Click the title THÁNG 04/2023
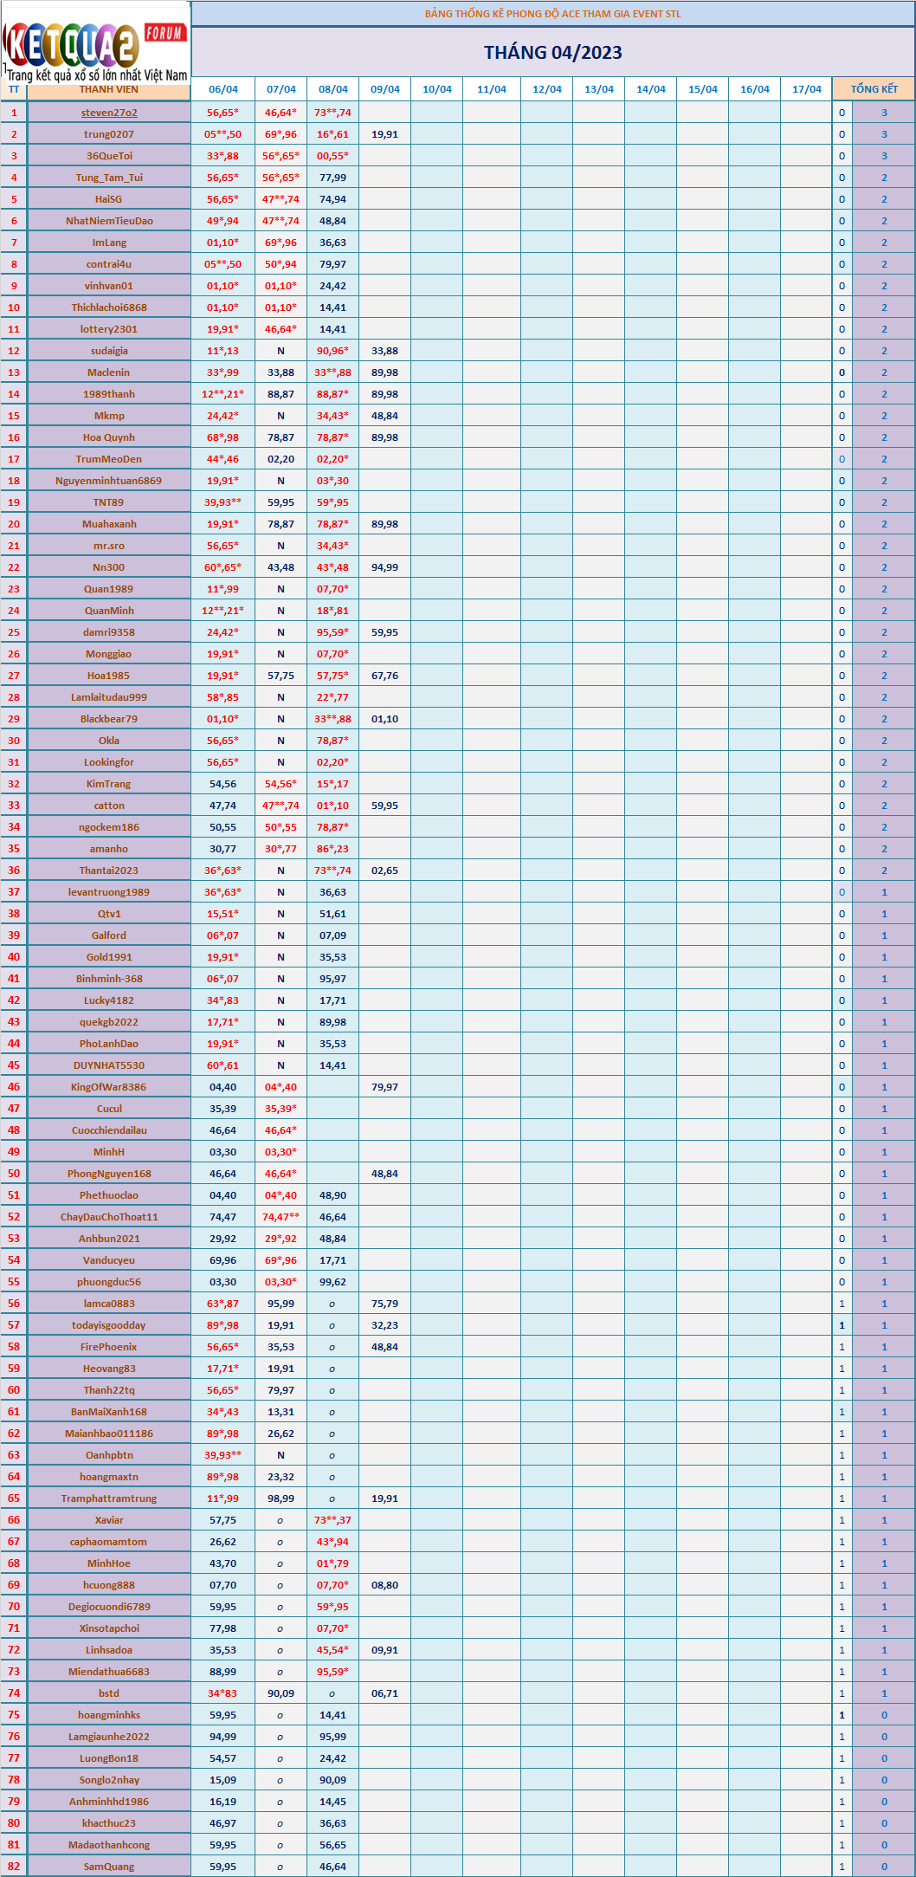click(x=552, y=53)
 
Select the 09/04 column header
click(x=385, y=89)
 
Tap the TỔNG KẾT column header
click(x=874, y=89)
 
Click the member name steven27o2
click(x=109, y=113)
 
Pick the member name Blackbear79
click(x=109, y=719)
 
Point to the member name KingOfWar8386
click(x=109, y=1087)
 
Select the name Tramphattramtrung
click(x=109, y=1498)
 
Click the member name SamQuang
click(x=109, y=1867)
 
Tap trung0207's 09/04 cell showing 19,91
click(x=385, y=134)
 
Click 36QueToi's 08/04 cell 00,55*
click(x=332, y=156)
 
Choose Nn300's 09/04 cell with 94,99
click(x=385, y=567)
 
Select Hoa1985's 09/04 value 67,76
click(x=385, y=676)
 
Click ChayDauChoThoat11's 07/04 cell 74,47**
click(x=281, y=1217)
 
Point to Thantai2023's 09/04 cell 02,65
click(x=385, y=871)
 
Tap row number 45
click(x=14, y=1065)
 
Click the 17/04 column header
click(x=806, y=89)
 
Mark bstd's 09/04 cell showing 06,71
click(x=385, y=1693)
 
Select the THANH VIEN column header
click(x=109, y=89)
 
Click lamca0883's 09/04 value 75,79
click(x=385, y=1304)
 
